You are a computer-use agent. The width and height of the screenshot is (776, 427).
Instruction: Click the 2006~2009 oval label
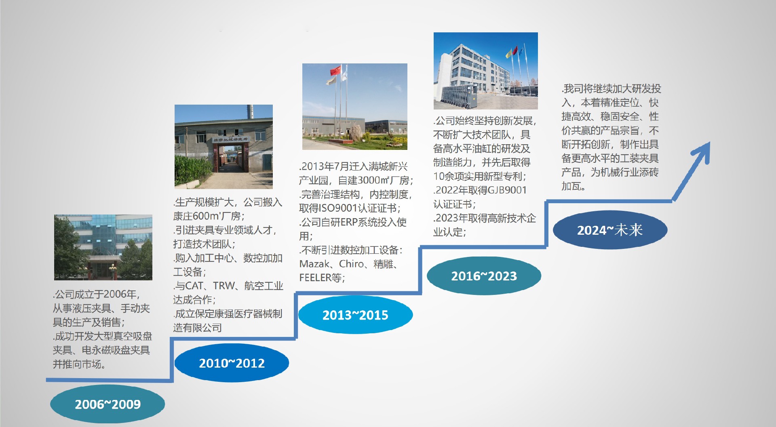click(x=108, y=404)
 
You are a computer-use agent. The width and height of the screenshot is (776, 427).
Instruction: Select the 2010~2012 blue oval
click(x=232, y=363)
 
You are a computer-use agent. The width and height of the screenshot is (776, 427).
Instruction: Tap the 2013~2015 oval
click(x=355, y=314)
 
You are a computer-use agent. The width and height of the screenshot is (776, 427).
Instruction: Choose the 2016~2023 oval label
click(x=484, y=276)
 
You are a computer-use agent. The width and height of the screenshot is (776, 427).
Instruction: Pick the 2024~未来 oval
click(x=610, y=229)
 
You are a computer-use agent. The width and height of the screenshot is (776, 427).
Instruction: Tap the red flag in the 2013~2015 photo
click(x=335, y=71)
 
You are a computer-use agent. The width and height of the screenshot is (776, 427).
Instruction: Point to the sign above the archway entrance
click(x=231, y=139)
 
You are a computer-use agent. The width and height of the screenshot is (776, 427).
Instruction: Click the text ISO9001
click(x=338, y=208)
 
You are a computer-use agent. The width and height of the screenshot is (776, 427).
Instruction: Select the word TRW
click(x=224, y=286)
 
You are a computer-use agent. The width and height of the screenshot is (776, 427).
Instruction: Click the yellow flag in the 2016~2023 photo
click(x=508, y=54)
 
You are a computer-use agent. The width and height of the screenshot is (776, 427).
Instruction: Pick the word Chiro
click(x=352, y=264)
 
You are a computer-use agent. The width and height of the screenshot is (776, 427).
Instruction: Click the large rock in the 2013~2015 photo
click(x=356, y=133)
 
